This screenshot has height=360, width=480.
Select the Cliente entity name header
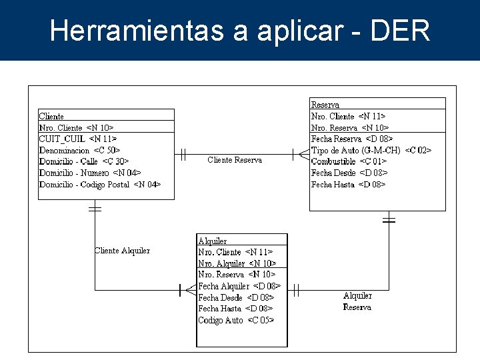click(52, 116)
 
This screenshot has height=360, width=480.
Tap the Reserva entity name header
click(325, 105)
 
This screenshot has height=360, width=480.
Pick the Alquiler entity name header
click(213, 241)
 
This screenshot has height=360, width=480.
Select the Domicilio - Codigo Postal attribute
click(100, 184)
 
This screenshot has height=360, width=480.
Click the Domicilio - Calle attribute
click(84, 161)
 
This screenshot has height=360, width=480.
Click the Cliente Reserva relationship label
click(235, 160)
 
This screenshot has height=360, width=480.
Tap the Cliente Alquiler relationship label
click(122, 251)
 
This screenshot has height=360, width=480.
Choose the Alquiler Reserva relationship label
click(357, 301)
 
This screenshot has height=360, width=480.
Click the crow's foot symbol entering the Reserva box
click(303, 155)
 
